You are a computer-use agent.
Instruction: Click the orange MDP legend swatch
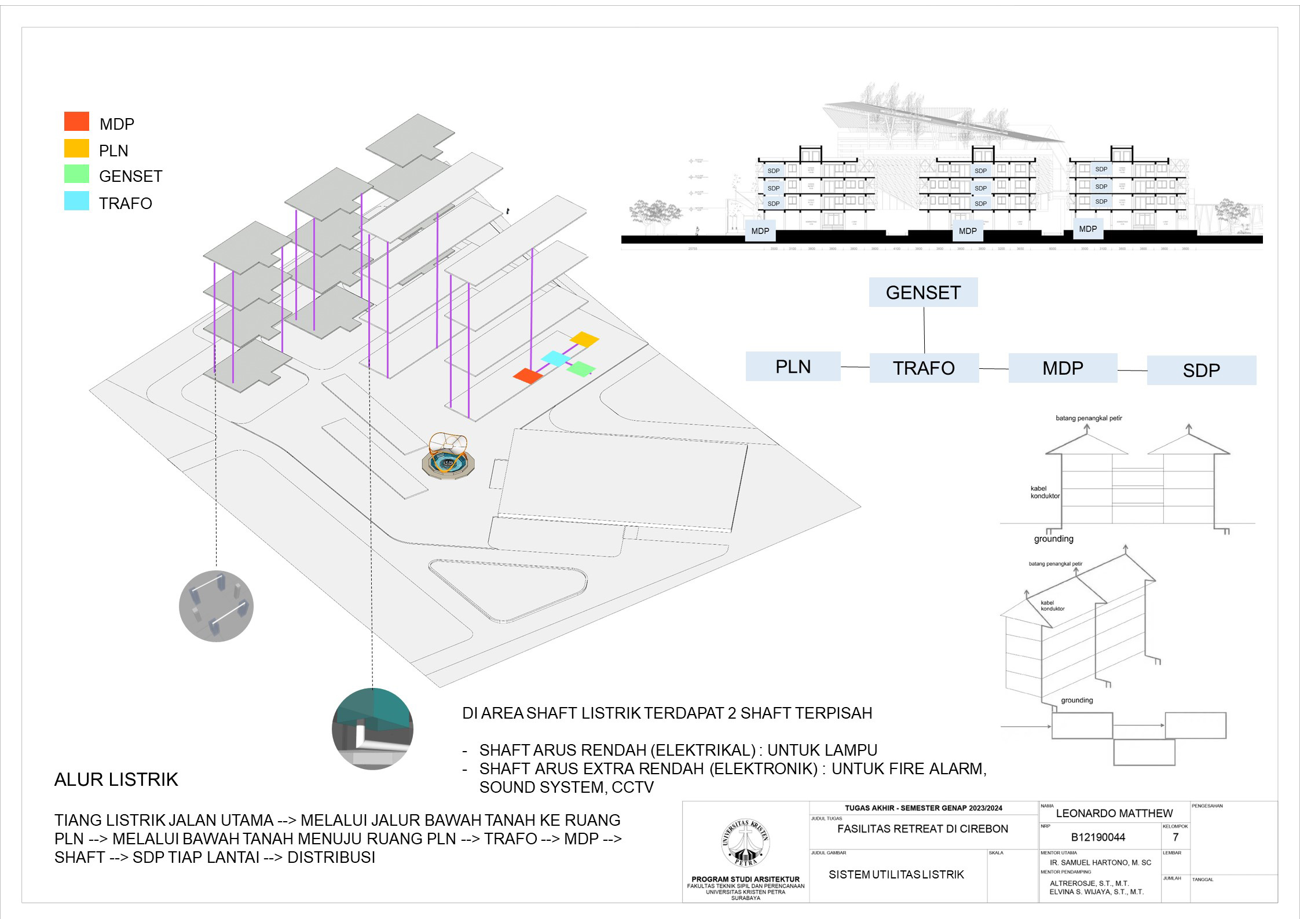coord(76,121)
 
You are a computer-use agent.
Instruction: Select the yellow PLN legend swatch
coord(76,148)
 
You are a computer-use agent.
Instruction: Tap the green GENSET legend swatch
coord(76,174)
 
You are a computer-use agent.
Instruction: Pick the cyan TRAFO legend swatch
coord(76,201)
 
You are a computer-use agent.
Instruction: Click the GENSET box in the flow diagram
coord(923,292)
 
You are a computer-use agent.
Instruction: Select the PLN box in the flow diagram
coord(793,367)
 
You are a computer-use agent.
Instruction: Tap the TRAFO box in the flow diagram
coord(924,368)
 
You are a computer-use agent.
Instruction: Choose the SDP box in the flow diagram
coord(1201,370)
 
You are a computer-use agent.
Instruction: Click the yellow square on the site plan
coord(584,339)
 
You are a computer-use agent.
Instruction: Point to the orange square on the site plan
coord(528,376)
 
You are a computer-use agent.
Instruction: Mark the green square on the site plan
coord(581,368)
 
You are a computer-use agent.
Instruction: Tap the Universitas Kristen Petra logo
coord(746,843)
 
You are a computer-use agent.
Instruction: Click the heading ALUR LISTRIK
coord(116,780)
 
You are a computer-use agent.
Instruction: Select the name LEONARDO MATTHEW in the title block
coord(1114,813)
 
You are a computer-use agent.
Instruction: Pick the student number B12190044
coord(1098,837)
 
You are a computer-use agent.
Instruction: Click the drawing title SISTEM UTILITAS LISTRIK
coord(896,874)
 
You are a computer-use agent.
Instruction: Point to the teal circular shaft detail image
coord(372,728)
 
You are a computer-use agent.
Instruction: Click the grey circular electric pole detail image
coord(216,606)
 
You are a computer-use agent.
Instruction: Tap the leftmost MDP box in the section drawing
coord(760,231)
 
